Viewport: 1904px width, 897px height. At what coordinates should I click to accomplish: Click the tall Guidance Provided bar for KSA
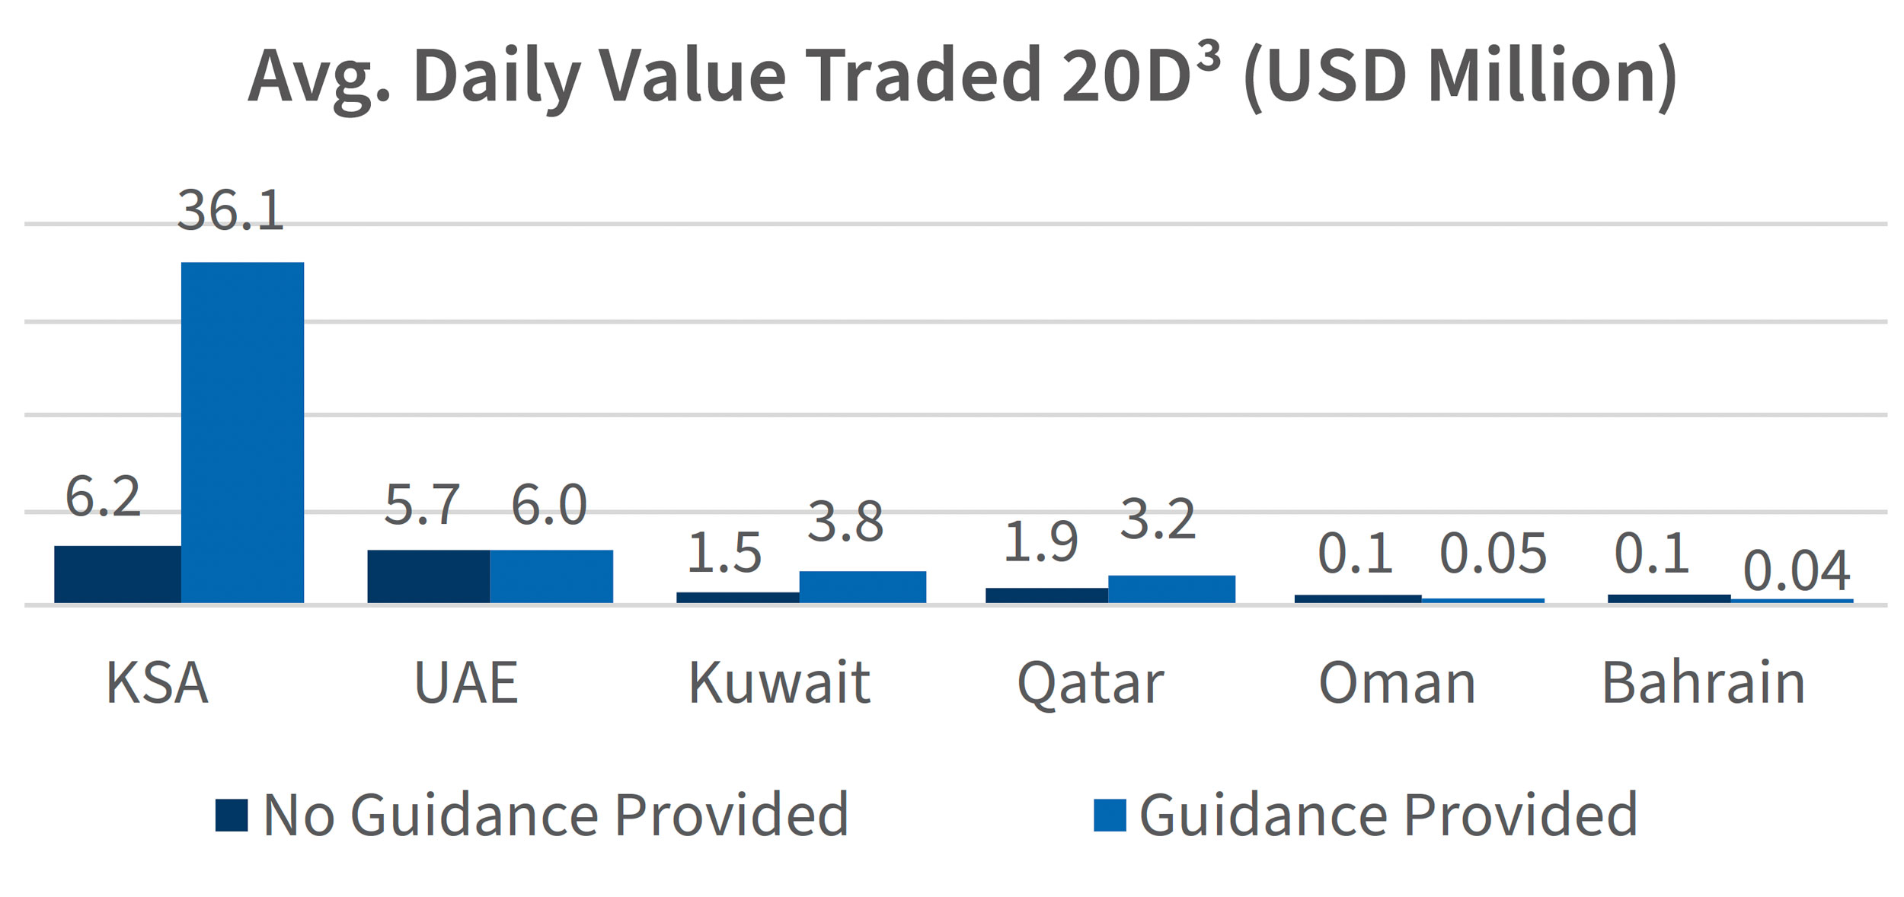[242, 433]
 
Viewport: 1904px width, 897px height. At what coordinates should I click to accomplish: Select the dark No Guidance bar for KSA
[117, 574]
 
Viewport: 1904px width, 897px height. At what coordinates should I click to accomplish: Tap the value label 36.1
[230, 211]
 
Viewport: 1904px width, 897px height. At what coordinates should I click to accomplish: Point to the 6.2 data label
[103, 497]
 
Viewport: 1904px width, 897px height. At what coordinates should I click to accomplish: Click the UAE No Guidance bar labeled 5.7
[428, 576]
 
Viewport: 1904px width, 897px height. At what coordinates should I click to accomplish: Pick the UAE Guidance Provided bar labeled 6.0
[551, 576]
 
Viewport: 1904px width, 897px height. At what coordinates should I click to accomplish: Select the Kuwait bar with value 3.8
[862, 587]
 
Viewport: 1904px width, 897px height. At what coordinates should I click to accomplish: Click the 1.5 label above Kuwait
[724, 554]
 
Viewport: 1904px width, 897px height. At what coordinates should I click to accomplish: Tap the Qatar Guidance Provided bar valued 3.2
[1171, 589]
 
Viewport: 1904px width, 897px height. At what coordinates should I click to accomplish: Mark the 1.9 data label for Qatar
[1040, 544]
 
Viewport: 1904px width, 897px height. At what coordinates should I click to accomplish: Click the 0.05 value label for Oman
[1493, 554]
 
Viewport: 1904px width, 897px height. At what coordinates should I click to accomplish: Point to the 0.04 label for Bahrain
[1797, 571]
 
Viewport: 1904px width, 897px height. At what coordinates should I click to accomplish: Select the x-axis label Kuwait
[778, 683]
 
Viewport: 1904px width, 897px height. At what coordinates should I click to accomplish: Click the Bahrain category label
[1704, 683]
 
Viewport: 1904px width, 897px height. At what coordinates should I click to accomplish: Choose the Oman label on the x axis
[1397, 683]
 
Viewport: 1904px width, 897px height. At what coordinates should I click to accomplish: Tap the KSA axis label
[157, 683]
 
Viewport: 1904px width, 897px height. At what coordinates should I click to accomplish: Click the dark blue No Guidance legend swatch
[232, 816]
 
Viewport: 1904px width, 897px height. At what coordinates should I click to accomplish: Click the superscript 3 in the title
[1209, 56]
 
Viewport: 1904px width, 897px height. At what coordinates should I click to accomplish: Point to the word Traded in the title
[923, 76]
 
